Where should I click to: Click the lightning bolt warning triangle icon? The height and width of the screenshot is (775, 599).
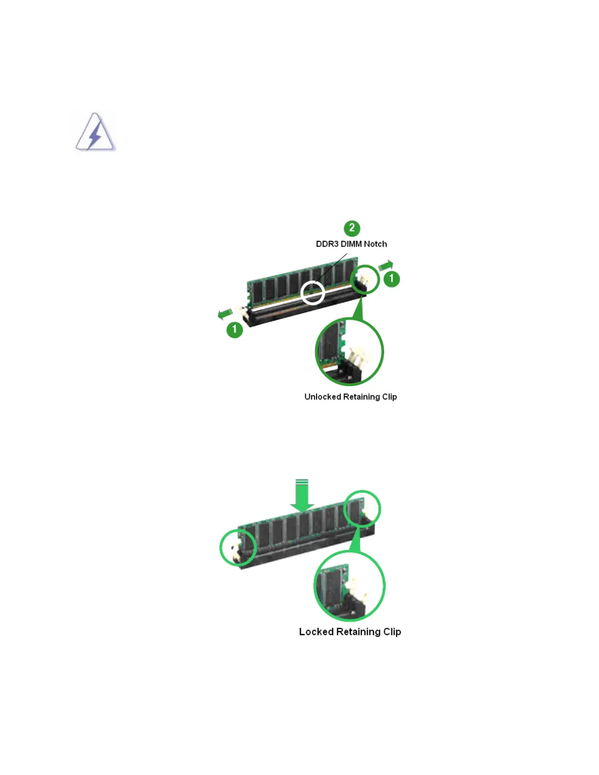click(x=95, y=133)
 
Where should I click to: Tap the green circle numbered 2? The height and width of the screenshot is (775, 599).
click(x=352, y=228)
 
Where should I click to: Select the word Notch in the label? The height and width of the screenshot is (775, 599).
click(x=375, y=244)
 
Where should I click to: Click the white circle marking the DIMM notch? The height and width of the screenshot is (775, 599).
click(x=313, y=292)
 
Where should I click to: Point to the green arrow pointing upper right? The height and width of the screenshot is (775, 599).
click(x=386, y=266)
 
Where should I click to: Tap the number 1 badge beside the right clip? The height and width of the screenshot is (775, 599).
click(x=392, y=279)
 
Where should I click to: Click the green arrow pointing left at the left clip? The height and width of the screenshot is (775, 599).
click(x=225, y=314)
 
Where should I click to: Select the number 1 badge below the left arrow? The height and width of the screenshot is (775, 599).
click(x=235, y=329)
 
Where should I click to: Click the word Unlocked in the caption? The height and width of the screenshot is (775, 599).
click(x=323, y=397)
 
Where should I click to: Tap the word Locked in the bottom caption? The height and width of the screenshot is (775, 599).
click(x=316, y=632)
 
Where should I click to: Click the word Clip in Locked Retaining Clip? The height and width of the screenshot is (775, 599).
click(x=392, y=632)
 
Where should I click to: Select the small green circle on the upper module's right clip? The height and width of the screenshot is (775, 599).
click(x=365, y=280)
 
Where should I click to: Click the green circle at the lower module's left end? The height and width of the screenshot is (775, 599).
click(x=238, y=547)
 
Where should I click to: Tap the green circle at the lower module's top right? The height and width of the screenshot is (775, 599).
click(x=363, y=508)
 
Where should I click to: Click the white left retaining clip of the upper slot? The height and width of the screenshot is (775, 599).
click(x=241, y=310)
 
